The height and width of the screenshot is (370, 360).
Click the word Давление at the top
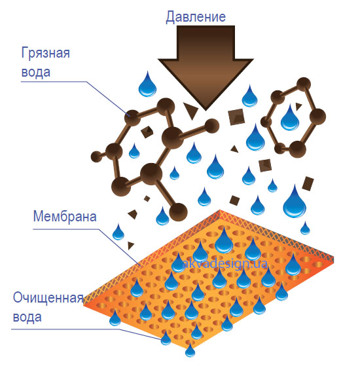point(196,17)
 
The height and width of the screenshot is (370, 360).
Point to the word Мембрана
point(65,216)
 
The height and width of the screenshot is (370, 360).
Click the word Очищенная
point(48,298)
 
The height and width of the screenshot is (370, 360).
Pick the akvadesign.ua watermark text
point(225,263)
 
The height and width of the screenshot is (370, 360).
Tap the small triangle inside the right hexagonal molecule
point(298,107)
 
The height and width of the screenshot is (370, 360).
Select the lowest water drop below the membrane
point(190,350)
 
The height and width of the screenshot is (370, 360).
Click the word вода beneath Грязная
point(36,72)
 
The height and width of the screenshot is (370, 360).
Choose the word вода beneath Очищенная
point(27,317)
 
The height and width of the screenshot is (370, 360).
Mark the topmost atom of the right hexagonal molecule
point(304,84)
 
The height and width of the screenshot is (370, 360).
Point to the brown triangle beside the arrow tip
point(190,111)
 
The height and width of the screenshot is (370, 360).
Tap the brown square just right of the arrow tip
point(236,117)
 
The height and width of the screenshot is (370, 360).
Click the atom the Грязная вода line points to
point(132,118)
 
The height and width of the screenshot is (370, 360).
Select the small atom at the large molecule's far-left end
point(96,157)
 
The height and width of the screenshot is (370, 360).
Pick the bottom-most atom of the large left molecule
point(178,212)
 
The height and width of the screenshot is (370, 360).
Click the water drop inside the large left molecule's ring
point(134,151)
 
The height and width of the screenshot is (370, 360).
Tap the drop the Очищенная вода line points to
point(166,338)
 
